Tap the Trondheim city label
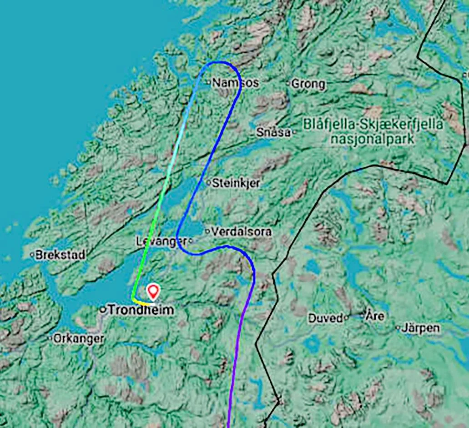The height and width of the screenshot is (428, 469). point(141,310)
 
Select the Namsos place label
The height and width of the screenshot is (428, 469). point(236,83)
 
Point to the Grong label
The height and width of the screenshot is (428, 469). point(308,84)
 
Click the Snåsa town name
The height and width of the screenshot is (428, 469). point(273,132)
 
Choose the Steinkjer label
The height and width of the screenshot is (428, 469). point(236,183)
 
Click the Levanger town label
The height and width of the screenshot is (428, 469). point(161,241)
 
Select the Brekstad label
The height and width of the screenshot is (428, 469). point(60,255)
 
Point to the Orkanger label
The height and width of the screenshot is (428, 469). point(78,338)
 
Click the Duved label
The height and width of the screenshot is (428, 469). point(326,318)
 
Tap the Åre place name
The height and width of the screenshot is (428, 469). point(376,316)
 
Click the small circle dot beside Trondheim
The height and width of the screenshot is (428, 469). point(103,310)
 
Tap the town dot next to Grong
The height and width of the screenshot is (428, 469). point(288,83)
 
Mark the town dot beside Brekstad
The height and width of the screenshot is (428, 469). point(32,255)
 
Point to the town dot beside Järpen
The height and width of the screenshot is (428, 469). point(398,327)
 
